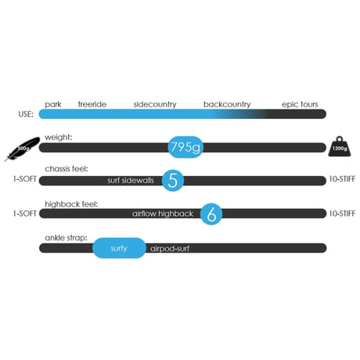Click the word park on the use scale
[x=53, y=105]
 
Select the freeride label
[x=92, y=104]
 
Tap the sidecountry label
[x=155, y=104]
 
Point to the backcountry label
[x=227, y=104]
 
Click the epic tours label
[x=300, y=105]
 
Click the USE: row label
[x=26, y=114]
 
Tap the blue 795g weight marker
[x=185, y=147]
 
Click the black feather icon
[x=22, y=149]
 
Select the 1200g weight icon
[x=340, y=146]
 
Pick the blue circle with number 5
[x=173, y=180]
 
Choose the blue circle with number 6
[x=211, y=214]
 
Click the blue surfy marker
[x=119, y=248]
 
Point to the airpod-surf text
[x=170, y=249]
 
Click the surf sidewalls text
[x=131, y=181]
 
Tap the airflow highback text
[x=163, y=214]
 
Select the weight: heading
[x=58, y=138]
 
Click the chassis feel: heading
[x=67, y=169]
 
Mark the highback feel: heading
[x=71, y=204]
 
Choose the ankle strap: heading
[x=66, y=238]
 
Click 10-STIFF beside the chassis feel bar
[x=342, y=179]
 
